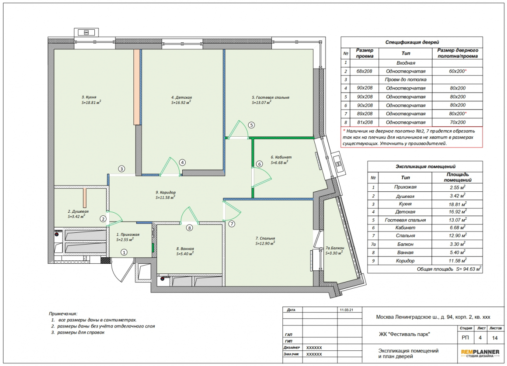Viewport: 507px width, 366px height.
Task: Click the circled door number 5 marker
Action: (251, 125)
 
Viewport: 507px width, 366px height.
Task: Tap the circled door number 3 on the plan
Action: (122, 169)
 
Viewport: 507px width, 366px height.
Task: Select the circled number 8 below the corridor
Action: (190, 228)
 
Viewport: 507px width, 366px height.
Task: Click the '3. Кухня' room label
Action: (89, 97)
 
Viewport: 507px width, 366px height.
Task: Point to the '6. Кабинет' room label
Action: (281, 157)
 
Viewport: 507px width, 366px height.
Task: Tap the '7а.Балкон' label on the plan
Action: (335, 248)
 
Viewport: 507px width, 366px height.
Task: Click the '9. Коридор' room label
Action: (166, 192)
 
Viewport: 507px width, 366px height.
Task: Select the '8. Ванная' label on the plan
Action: (185, 249)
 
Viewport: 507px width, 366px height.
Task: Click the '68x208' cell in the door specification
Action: (365, 71)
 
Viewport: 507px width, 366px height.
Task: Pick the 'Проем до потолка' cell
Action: (406, 80)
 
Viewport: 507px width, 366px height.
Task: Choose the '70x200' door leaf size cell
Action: (458, 122)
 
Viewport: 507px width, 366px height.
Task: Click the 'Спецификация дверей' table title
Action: (412, 42)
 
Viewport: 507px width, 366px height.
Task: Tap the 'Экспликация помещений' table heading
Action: (426, 167)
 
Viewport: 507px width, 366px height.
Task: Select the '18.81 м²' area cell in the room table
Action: (458, 204)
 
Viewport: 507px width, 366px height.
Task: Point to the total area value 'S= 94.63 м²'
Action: (469, 269)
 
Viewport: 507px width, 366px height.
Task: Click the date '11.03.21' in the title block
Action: (346, 310)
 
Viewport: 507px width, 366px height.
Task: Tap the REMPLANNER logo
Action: (480, 353)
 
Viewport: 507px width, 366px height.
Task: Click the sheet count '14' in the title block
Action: (495, 338)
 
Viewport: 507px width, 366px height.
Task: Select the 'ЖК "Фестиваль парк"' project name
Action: (404, 335)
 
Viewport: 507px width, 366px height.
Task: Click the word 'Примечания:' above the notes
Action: (63, 314)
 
